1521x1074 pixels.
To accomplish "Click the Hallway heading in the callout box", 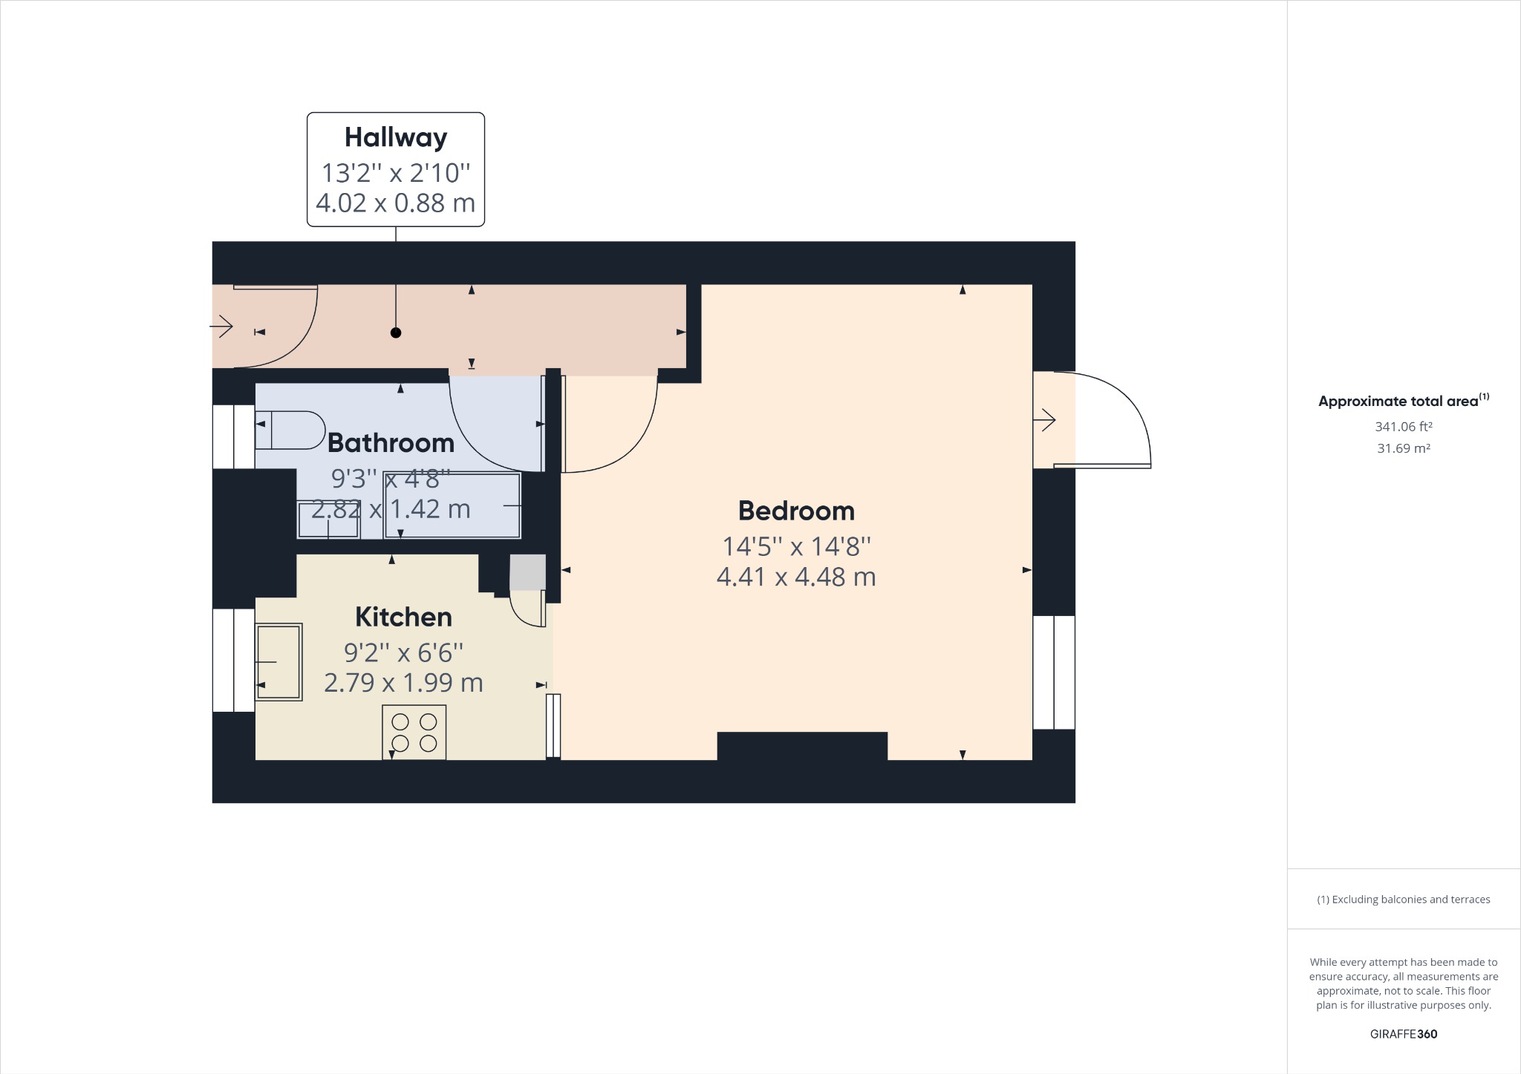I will [x=396, y=137].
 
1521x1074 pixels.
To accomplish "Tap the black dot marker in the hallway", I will [x=396, y=333].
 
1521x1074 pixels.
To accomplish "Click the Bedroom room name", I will [x=796, y=511].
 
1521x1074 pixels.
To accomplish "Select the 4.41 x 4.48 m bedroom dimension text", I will [x=796, y=577].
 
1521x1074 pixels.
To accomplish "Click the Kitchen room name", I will [x=403, y=617].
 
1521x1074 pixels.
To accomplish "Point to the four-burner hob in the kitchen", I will [x=414, y=733].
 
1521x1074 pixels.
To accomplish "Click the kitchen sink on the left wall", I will [x=279, y=662].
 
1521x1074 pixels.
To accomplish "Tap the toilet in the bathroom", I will [x=290, y=430].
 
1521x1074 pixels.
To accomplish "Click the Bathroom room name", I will [x=391, y=442].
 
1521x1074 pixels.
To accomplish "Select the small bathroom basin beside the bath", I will [x=328, y=520].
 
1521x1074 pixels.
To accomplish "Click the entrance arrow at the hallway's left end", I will [x=222, y=326].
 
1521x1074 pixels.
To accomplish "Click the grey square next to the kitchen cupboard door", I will [x=527, y=572].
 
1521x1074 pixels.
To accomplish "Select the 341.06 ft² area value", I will [x=1403, y=427].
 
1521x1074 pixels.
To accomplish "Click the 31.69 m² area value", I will [x=1403, y=448].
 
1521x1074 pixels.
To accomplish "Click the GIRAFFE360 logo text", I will [x=1403, y=1034].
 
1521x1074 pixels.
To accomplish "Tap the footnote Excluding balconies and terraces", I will [x=1403, y=900].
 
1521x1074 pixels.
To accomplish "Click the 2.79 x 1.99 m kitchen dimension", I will [x=403, y=683].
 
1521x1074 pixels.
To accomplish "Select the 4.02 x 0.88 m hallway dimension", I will [x=396, y=203].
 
